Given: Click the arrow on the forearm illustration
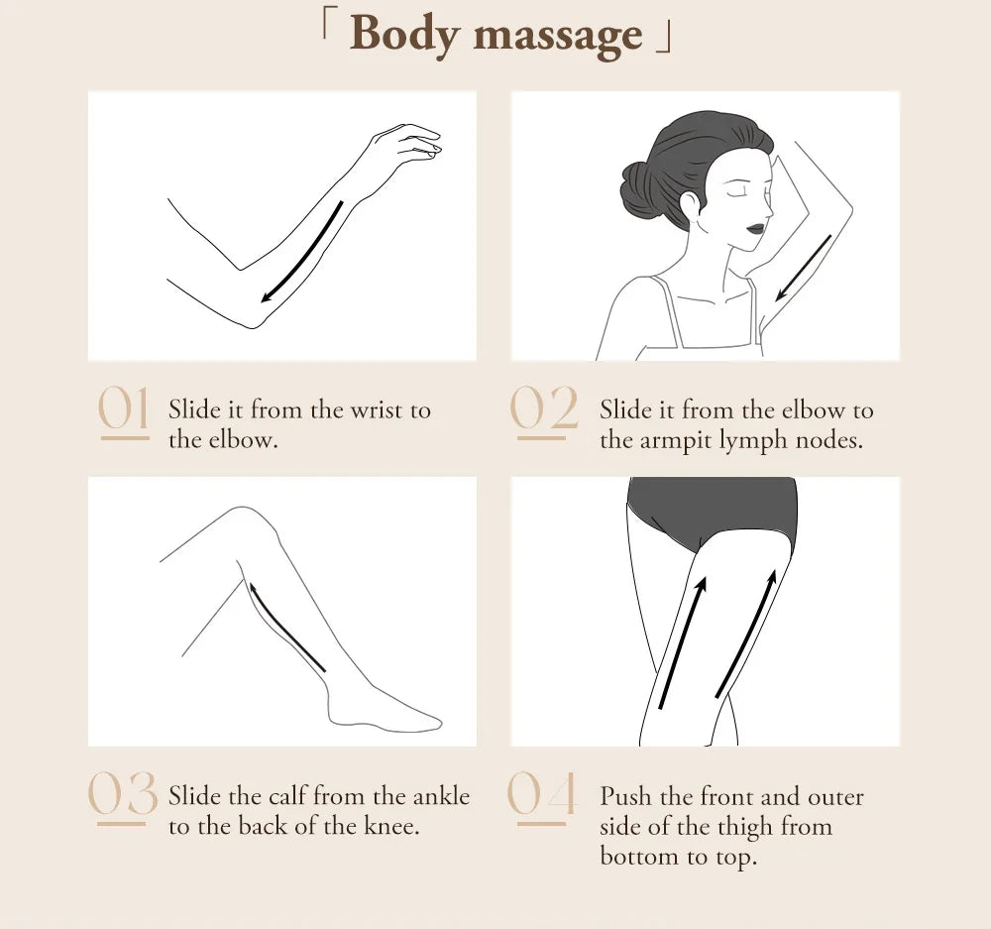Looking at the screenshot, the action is [x=302, y=253].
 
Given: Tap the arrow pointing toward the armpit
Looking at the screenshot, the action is [x=804, y=268].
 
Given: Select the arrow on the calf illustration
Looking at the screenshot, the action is [x=287, y=627].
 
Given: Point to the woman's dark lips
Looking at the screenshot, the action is [x=756, y=228].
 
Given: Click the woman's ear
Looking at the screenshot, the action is [x=690, y=203].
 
